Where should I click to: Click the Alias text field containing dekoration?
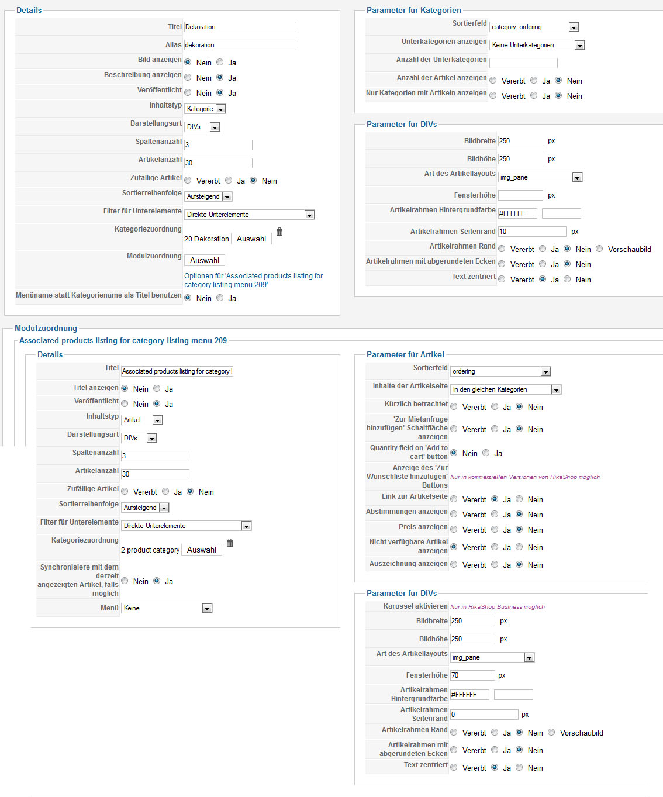tap(240, 45)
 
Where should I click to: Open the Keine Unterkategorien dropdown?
tap(537, 45)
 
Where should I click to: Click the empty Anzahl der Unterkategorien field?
tap(523, 63)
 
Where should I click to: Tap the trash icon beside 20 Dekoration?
tap(279, 232)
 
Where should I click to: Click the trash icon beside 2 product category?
tap(230, 543)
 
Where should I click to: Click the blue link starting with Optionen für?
tap(253, 280)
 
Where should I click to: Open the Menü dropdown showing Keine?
tap(167, 608)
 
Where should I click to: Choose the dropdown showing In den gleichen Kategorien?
tap(506, 389)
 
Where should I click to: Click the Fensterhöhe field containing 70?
tap(472, 675)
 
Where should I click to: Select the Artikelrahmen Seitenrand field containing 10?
tap(532, 232)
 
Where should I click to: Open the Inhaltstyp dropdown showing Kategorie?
tap(205, 109)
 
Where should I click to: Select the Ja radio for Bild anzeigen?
tap(220, 62)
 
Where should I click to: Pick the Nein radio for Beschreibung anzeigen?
tap(188, 77)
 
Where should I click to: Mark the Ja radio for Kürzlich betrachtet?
tap(495, 407)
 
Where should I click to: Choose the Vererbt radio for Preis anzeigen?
tap(454, 530)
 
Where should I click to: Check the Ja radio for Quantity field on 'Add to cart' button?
tap(486, 453)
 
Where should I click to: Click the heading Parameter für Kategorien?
tap(413, 10)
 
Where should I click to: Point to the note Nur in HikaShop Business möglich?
tap(497, 607)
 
